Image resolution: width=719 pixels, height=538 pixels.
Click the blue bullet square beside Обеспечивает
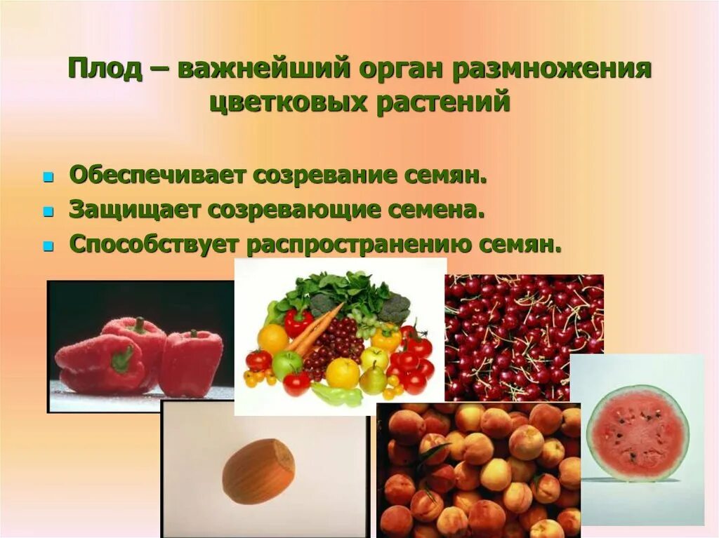pos(48,178)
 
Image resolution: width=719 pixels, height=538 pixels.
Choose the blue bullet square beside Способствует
pos(48,246)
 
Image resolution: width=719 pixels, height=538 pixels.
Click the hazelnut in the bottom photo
pos(258,471)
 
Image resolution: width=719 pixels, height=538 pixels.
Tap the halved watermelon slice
pos(638,433)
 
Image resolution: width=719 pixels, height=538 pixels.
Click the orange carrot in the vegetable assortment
pos(312,330)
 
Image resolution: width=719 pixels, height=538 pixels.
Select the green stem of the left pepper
pos(122,358)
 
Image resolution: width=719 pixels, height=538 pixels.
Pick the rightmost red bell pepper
pos(191,361)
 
